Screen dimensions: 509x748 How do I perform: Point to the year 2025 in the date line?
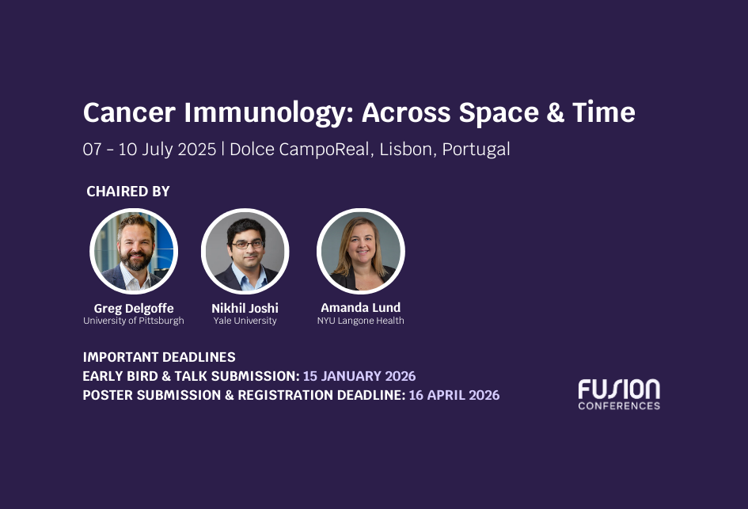click(196, 149)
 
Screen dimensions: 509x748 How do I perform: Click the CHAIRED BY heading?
click(128, 192)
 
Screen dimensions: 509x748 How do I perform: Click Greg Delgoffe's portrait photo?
click(134, 252)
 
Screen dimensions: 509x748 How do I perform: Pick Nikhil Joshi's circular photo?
click(245, 252)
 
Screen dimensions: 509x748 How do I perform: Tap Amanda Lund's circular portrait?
click(360, 252)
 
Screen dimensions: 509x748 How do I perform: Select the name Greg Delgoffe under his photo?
click(134, 308)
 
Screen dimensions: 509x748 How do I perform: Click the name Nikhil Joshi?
click(245, 308)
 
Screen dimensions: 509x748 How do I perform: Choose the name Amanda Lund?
click(360, 307)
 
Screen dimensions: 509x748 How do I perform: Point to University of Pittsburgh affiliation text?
click(134, 321)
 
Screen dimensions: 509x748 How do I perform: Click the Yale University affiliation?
click(245, 321)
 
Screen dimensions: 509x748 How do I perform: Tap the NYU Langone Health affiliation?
click(360, 321)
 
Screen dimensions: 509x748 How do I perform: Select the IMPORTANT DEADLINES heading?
click(159, 357)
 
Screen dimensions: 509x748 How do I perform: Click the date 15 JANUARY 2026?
click(359, 376)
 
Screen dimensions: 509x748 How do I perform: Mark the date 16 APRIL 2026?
click(454, 395)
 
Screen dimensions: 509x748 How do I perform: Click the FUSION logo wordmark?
click(618, 389)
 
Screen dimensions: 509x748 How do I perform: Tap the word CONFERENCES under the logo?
click(618, 406)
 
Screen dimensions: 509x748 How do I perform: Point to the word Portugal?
click(476, 149)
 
